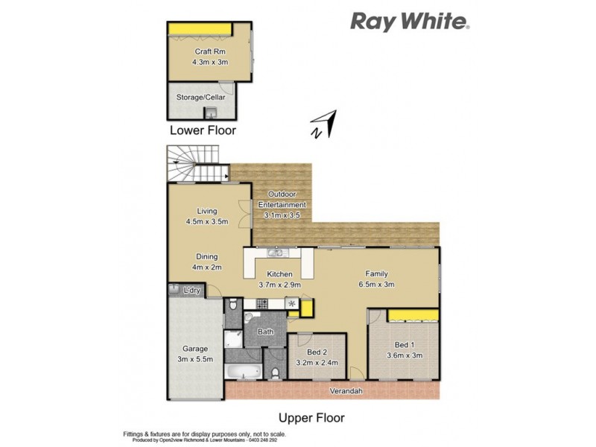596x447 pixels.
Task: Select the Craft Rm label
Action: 206,51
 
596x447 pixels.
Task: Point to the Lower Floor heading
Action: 203,130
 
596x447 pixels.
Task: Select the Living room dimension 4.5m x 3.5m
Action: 206,221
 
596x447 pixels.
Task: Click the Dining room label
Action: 206,257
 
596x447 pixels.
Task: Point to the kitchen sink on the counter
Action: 274,253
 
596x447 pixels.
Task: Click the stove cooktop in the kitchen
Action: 261,304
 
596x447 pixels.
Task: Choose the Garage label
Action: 195,349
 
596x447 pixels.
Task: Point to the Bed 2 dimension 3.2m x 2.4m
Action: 317,363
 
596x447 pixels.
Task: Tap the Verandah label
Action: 347,390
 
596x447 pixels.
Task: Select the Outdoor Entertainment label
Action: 282,200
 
